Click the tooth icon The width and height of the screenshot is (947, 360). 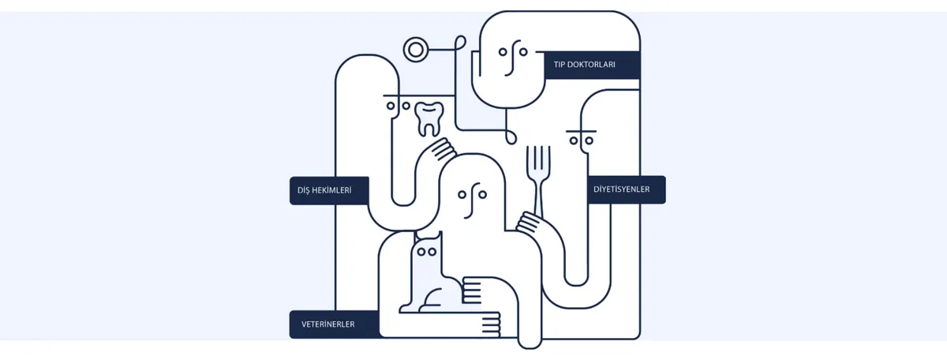click(x=429, y=119)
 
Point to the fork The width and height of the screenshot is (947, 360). click(x=538, y=180)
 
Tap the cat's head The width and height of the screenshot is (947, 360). click(x=427, y=249)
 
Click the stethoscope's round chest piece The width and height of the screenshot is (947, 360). click(x=416, y=50)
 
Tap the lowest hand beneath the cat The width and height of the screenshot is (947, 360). click(x=490, y=325)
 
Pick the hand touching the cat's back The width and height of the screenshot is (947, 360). click(x=472, y=291)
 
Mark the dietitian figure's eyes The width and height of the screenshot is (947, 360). click(x=582, y=141)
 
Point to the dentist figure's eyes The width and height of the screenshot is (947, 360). click(x=399, y=105)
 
